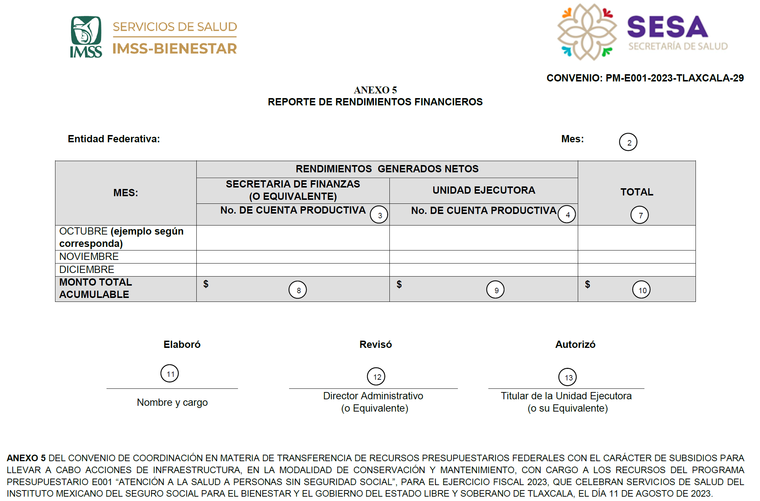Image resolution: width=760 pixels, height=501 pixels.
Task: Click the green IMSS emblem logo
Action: [x=86, y=37]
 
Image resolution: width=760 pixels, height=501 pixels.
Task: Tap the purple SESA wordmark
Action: [x=667, y=27]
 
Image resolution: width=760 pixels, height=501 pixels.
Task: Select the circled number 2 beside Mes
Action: [x=628, y=142]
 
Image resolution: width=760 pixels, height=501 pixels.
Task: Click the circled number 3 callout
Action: [x=379, y=215]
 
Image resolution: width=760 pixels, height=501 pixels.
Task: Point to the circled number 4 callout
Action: [x=567, y=214]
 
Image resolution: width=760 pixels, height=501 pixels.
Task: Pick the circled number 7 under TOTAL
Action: [x=639, y=215]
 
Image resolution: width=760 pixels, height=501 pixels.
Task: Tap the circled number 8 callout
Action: [x=298, y=290]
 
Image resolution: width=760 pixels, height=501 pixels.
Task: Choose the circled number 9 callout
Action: [x=496, y=290]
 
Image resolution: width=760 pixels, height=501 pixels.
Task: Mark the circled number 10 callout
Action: [x=642, y=290]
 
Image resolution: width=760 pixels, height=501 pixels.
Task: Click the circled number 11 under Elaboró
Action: [x=170, y=374]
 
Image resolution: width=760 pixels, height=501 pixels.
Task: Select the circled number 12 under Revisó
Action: [x=376, y=376]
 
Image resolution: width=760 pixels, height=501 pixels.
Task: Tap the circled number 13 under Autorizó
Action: [x=568, y=377]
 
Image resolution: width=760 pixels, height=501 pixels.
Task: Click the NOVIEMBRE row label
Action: [x=89, y=257]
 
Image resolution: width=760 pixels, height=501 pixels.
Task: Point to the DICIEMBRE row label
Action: [x=87, y=270]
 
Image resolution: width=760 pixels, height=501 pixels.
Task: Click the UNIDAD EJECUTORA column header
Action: [x=484, y=190]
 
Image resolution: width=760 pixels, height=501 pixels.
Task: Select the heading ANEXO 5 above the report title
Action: [x=375, y=90]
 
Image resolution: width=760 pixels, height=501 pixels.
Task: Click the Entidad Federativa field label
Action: [x=114, y=139]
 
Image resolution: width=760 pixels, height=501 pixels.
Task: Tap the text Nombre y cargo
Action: [x=172, y=403]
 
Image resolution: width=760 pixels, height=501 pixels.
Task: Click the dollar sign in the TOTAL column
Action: [x=588, y=285]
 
